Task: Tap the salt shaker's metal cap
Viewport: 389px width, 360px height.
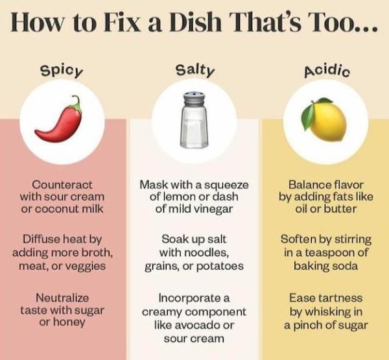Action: point(194,99)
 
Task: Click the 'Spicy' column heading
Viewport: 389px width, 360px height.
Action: point(62,71)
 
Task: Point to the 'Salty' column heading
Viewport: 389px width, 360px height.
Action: point(194,70)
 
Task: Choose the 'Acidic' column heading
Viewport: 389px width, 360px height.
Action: point(327,71)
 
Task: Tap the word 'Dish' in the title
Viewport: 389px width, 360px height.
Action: point(195,22)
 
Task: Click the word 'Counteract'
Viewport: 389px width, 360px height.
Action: point(62,185)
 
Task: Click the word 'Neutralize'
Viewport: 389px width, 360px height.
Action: point(62,298)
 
